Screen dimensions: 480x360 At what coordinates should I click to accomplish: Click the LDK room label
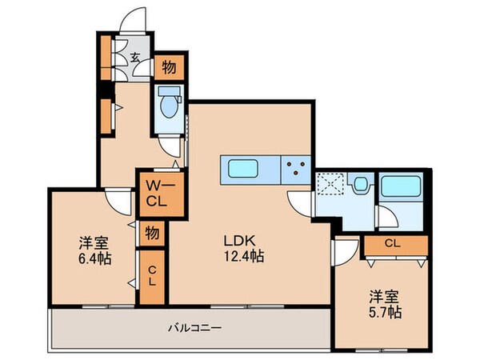[x=240, y=242]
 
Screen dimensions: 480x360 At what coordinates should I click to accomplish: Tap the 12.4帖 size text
[x=244, y=256]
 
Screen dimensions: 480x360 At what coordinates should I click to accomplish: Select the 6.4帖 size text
[x=95, y=259]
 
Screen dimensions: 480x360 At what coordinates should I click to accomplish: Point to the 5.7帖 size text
[x=385, y=312]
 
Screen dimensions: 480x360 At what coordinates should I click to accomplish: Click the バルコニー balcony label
[x=195, y=328]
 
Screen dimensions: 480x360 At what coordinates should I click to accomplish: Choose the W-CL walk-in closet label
[x=160, y=194]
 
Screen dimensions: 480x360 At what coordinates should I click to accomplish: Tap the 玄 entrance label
[x=135, y=58]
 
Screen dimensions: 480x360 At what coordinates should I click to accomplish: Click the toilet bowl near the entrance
[x=169, y=106]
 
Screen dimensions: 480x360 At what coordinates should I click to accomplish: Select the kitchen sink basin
[x=243, y=168]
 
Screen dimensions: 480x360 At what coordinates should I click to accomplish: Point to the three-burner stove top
[x=296, y=168]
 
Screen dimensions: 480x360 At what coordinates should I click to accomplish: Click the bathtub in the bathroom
[x=401, y=186]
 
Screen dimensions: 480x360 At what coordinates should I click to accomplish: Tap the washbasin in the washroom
[x=360, y=184]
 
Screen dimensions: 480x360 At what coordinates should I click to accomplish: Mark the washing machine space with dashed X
[x=330, y=184]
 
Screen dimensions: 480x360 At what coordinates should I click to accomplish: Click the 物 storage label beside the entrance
[x=170, y=67]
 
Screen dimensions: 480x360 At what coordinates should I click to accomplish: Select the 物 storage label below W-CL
[x=152, y=234]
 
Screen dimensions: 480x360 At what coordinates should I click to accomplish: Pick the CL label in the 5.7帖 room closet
[x=393, y=244]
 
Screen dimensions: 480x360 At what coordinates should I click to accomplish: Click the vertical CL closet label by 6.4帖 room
[x=152, y=277]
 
